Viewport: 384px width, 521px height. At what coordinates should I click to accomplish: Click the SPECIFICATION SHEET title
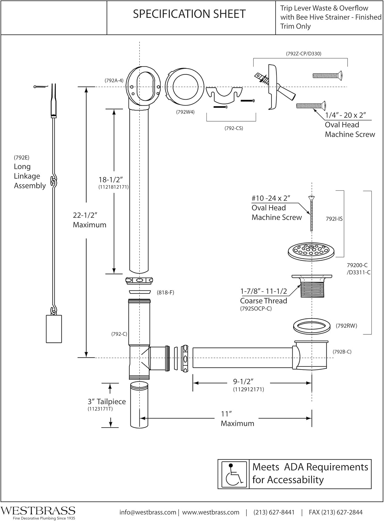pos(189,14)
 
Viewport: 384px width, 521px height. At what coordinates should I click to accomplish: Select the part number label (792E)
pos(22,157)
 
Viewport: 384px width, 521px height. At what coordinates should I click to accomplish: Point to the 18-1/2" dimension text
pos(111,180)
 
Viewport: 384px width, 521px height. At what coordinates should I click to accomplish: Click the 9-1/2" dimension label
pos(243,381)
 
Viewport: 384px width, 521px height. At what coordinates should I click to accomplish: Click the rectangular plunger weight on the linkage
pos(54,329)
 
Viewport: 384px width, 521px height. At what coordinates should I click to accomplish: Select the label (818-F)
pos(165,292)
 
